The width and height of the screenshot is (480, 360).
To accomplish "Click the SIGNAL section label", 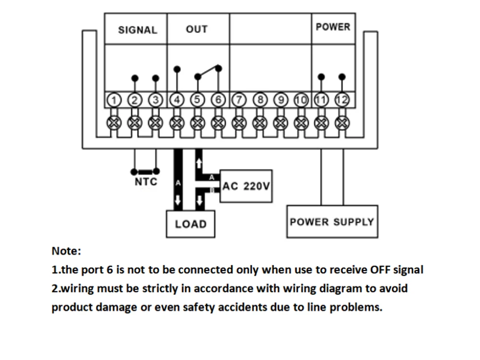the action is click(137, 30).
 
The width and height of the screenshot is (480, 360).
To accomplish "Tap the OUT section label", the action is click(197, 29).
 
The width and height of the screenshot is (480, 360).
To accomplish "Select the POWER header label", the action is click(333, 27).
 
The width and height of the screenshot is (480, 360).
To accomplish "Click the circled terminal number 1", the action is click(114, 100).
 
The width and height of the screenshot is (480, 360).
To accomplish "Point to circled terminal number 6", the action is click(218, 99).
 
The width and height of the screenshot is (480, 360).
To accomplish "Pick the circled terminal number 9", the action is click(281, 100).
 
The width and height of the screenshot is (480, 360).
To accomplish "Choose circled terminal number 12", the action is click(342, 100).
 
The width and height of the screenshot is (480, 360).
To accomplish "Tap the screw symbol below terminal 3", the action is click(156, 123).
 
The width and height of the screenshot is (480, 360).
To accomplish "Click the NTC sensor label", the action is click(146, 182).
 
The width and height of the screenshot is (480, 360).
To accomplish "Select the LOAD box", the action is click(191, 224).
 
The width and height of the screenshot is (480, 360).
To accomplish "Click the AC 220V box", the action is click(246, 186).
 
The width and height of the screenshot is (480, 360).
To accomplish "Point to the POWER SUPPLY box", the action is click(332, 222).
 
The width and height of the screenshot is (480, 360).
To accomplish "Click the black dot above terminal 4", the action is click(177, 70).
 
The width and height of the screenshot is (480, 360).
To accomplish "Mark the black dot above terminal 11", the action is click(321, 77).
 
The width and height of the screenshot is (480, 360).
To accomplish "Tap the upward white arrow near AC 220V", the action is click(199, 163).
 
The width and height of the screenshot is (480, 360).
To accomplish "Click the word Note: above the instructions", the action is click(66, 251).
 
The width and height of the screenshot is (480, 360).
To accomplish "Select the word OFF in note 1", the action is click(380, 270).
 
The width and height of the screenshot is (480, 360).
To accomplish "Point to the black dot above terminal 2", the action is click(135, 78).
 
